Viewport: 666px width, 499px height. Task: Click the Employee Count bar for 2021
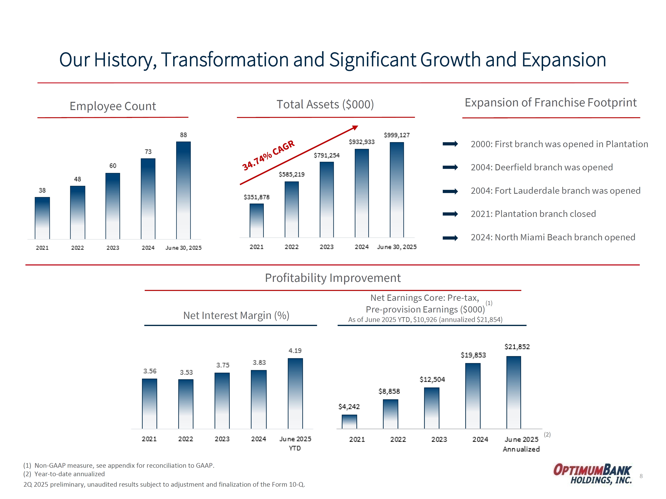pos(42,218)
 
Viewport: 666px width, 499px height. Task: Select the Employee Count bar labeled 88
pos(183,190)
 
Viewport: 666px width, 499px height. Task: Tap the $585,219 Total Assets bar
pos(291,209)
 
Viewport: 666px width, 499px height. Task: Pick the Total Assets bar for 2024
pos(362,193)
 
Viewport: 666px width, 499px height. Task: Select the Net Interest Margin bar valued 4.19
pos(295,393)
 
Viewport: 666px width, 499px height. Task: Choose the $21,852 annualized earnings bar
pos(513,392)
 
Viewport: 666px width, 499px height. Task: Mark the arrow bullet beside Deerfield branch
pos(450,167)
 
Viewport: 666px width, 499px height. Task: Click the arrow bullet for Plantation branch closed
pos(450,214)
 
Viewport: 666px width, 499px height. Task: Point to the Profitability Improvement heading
pos(333,278)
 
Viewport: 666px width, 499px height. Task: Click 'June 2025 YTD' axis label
pos(295,443)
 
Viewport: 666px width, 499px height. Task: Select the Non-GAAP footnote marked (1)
pos(119,465)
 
